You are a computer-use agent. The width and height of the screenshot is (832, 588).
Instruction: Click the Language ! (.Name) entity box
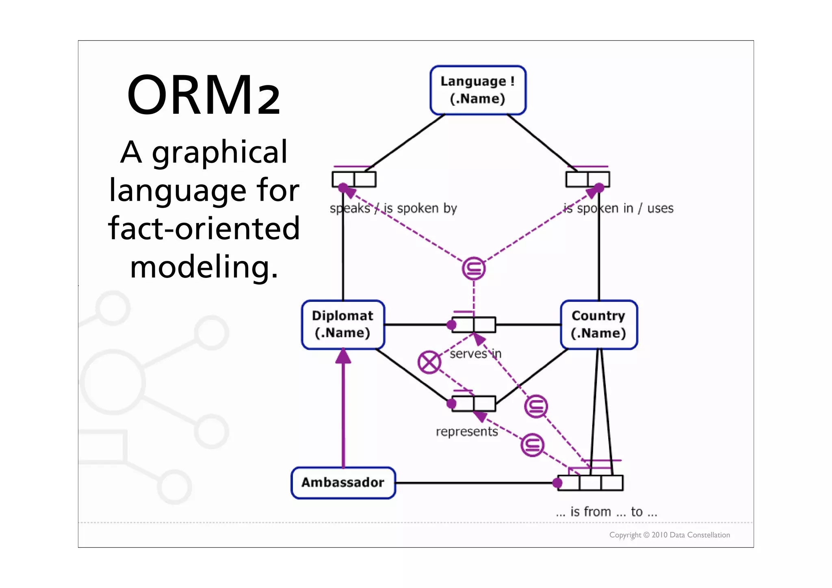click(478, 90)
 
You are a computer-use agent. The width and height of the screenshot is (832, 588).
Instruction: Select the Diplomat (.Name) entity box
click(343, 324)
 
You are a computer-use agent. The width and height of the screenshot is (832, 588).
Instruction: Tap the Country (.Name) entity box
click(598, 324)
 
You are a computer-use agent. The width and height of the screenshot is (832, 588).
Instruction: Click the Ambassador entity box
click(343, 482)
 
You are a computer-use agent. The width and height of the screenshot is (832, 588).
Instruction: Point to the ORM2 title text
click(204, 95)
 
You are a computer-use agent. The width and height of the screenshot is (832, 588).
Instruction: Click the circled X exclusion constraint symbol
click(429, 362)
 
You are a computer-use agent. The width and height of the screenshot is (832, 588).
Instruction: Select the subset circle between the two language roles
click(474, 269)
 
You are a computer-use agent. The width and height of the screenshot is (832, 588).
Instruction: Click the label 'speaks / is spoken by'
click(393, 208)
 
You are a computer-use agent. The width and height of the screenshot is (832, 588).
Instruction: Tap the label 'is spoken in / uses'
click(618, 208)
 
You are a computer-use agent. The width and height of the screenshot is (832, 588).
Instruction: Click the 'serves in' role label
click(475, 354)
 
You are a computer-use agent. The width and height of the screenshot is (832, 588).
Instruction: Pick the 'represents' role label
click(467, 431)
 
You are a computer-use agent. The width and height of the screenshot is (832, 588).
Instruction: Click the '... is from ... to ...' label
click(606, 512)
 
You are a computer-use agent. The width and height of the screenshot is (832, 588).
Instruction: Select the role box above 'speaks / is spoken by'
click(354, 179)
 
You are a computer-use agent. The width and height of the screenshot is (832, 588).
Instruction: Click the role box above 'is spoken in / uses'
click(587, 179)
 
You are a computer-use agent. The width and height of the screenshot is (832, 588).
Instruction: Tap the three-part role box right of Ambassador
click(590, 483)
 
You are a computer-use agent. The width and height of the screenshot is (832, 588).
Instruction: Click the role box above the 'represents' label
click(474, 404)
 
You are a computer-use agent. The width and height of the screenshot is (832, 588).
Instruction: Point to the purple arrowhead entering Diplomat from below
click(343, 356)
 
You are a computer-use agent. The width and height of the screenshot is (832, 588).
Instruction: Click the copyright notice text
click(669, 535)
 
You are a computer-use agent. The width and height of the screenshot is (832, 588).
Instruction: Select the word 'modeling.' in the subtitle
click(204, 267)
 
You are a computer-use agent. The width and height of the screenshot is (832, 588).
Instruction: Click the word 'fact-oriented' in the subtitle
click(204, 228)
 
